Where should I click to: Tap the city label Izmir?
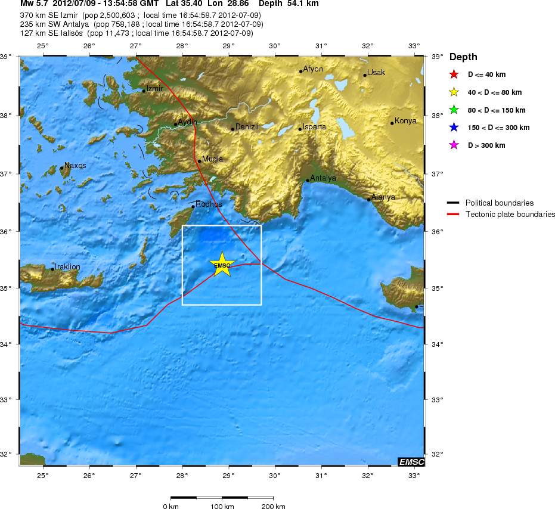pos(155,89)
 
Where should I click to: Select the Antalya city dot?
pos(308,180)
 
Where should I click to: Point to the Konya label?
pos(406,121)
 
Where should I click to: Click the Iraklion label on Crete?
pos(67,266)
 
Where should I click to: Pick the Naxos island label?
pos(75,165)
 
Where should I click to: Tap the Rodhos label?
pos(209,204)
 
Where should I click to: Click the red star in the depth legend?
pos(454,75)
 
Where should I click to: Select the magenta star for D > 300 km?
pos(454,145)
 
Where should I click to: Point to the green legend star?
pos(454,110)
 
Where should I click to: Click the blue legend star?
pos(454,128)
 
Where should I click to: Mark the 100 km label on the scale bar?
pos(222,506)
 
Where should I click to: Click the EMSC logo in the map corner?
pos(411,461)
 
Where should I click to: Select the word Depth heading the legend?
pos(463,57)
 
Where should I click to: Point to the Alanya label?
pos(383,197)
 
